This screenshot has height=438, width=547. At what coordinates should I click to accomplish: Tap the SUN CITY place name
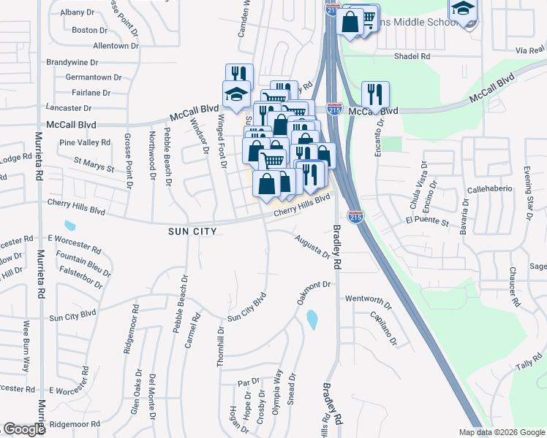[193, 230]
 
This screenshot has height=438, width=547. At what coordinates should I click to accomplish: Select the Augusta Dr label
[312, 245]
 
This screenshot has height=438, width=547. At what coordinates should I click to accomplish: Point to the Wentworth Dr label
[369, 299]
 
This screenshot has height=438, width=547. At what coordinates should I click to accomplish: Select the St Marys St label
[94, 164]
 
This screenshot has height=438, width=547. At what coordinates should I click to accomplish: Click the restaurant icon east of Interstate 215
[375, 94]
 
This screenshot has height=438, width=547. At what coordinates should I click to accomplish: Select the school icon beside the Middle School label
[462, 10]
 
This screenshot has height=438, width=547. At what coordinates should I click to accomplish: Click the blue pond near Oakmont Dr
[312, 319]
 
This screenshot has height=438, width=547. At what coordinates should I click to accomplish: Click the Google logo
[24, 429]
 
